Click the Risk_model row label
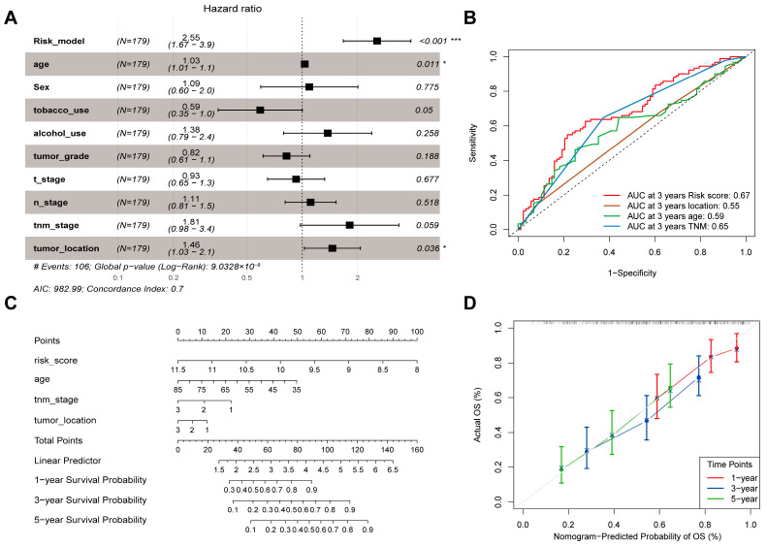[x=59, y=41]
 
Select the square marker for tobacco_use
[x=260, y=111]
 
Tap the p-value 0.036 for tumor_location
[x=428, y=248]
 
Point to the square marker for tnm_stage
[x=349, y=225]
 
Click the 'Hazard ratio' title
[x=233, y=9]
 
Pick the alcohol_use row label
[x=60, y=133]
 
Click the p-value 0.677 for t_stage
[x=428, y=179]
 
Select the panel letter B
[x=469, y=17]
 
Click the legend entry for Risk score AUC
[x=688, y=196]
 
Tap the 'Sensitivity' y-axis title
[x=473, y=143]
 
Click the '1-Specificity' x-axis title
[x=632, y=273]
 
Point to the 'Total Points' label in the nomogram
[x=58, y=440]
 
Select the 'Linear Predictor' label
[x=68, y=461]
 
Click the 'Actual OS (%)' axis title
[x=477, y=415]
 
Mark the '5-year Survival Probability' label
[x=90, y=520]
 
